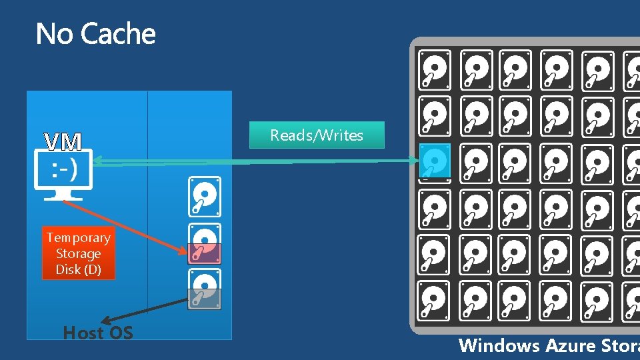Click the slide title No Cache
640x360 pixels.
95,34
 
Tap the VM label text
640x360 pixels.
63,142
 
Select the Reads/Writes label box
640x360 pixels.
317,135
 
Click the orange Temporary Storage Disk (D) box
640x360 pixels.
78,253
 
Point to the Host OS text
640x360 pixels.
98,333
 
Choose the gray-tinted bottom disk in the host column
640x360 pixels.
205,289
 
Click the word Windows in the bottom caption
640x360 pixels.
499,345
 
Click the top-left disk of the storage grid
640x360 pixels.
435,69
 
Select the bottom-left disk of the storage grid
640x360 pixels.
435,301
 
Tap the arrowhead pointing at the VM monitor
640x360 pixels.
97,159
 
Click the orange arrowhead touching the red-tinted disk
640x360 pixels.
185,251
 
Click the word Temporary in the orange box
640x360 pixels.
78,238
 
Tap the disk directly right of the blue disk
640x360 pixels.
476,162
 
